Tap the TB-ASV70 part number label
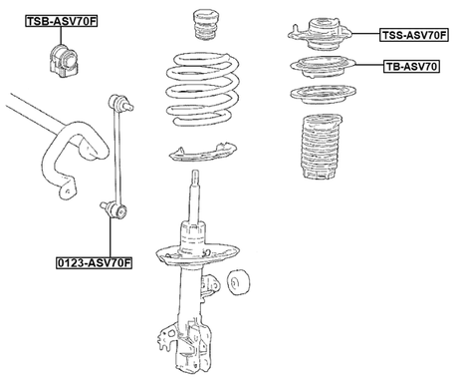point(410,67)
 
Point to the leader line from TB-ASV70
point(367,67)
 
